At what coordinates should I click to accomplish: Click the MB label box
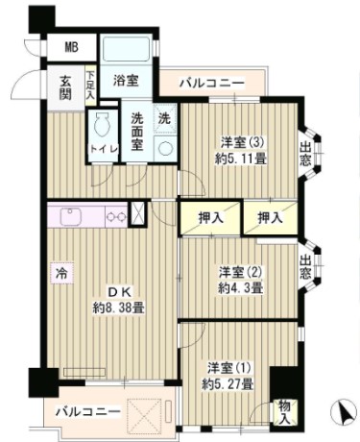[71, 47]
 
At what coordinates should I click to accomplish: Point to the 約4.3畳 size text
[239, 287]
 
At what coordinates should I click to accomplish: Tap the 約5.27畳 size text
[229, 383]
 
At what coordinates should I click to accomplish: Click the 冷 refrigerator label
[59, 271]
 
